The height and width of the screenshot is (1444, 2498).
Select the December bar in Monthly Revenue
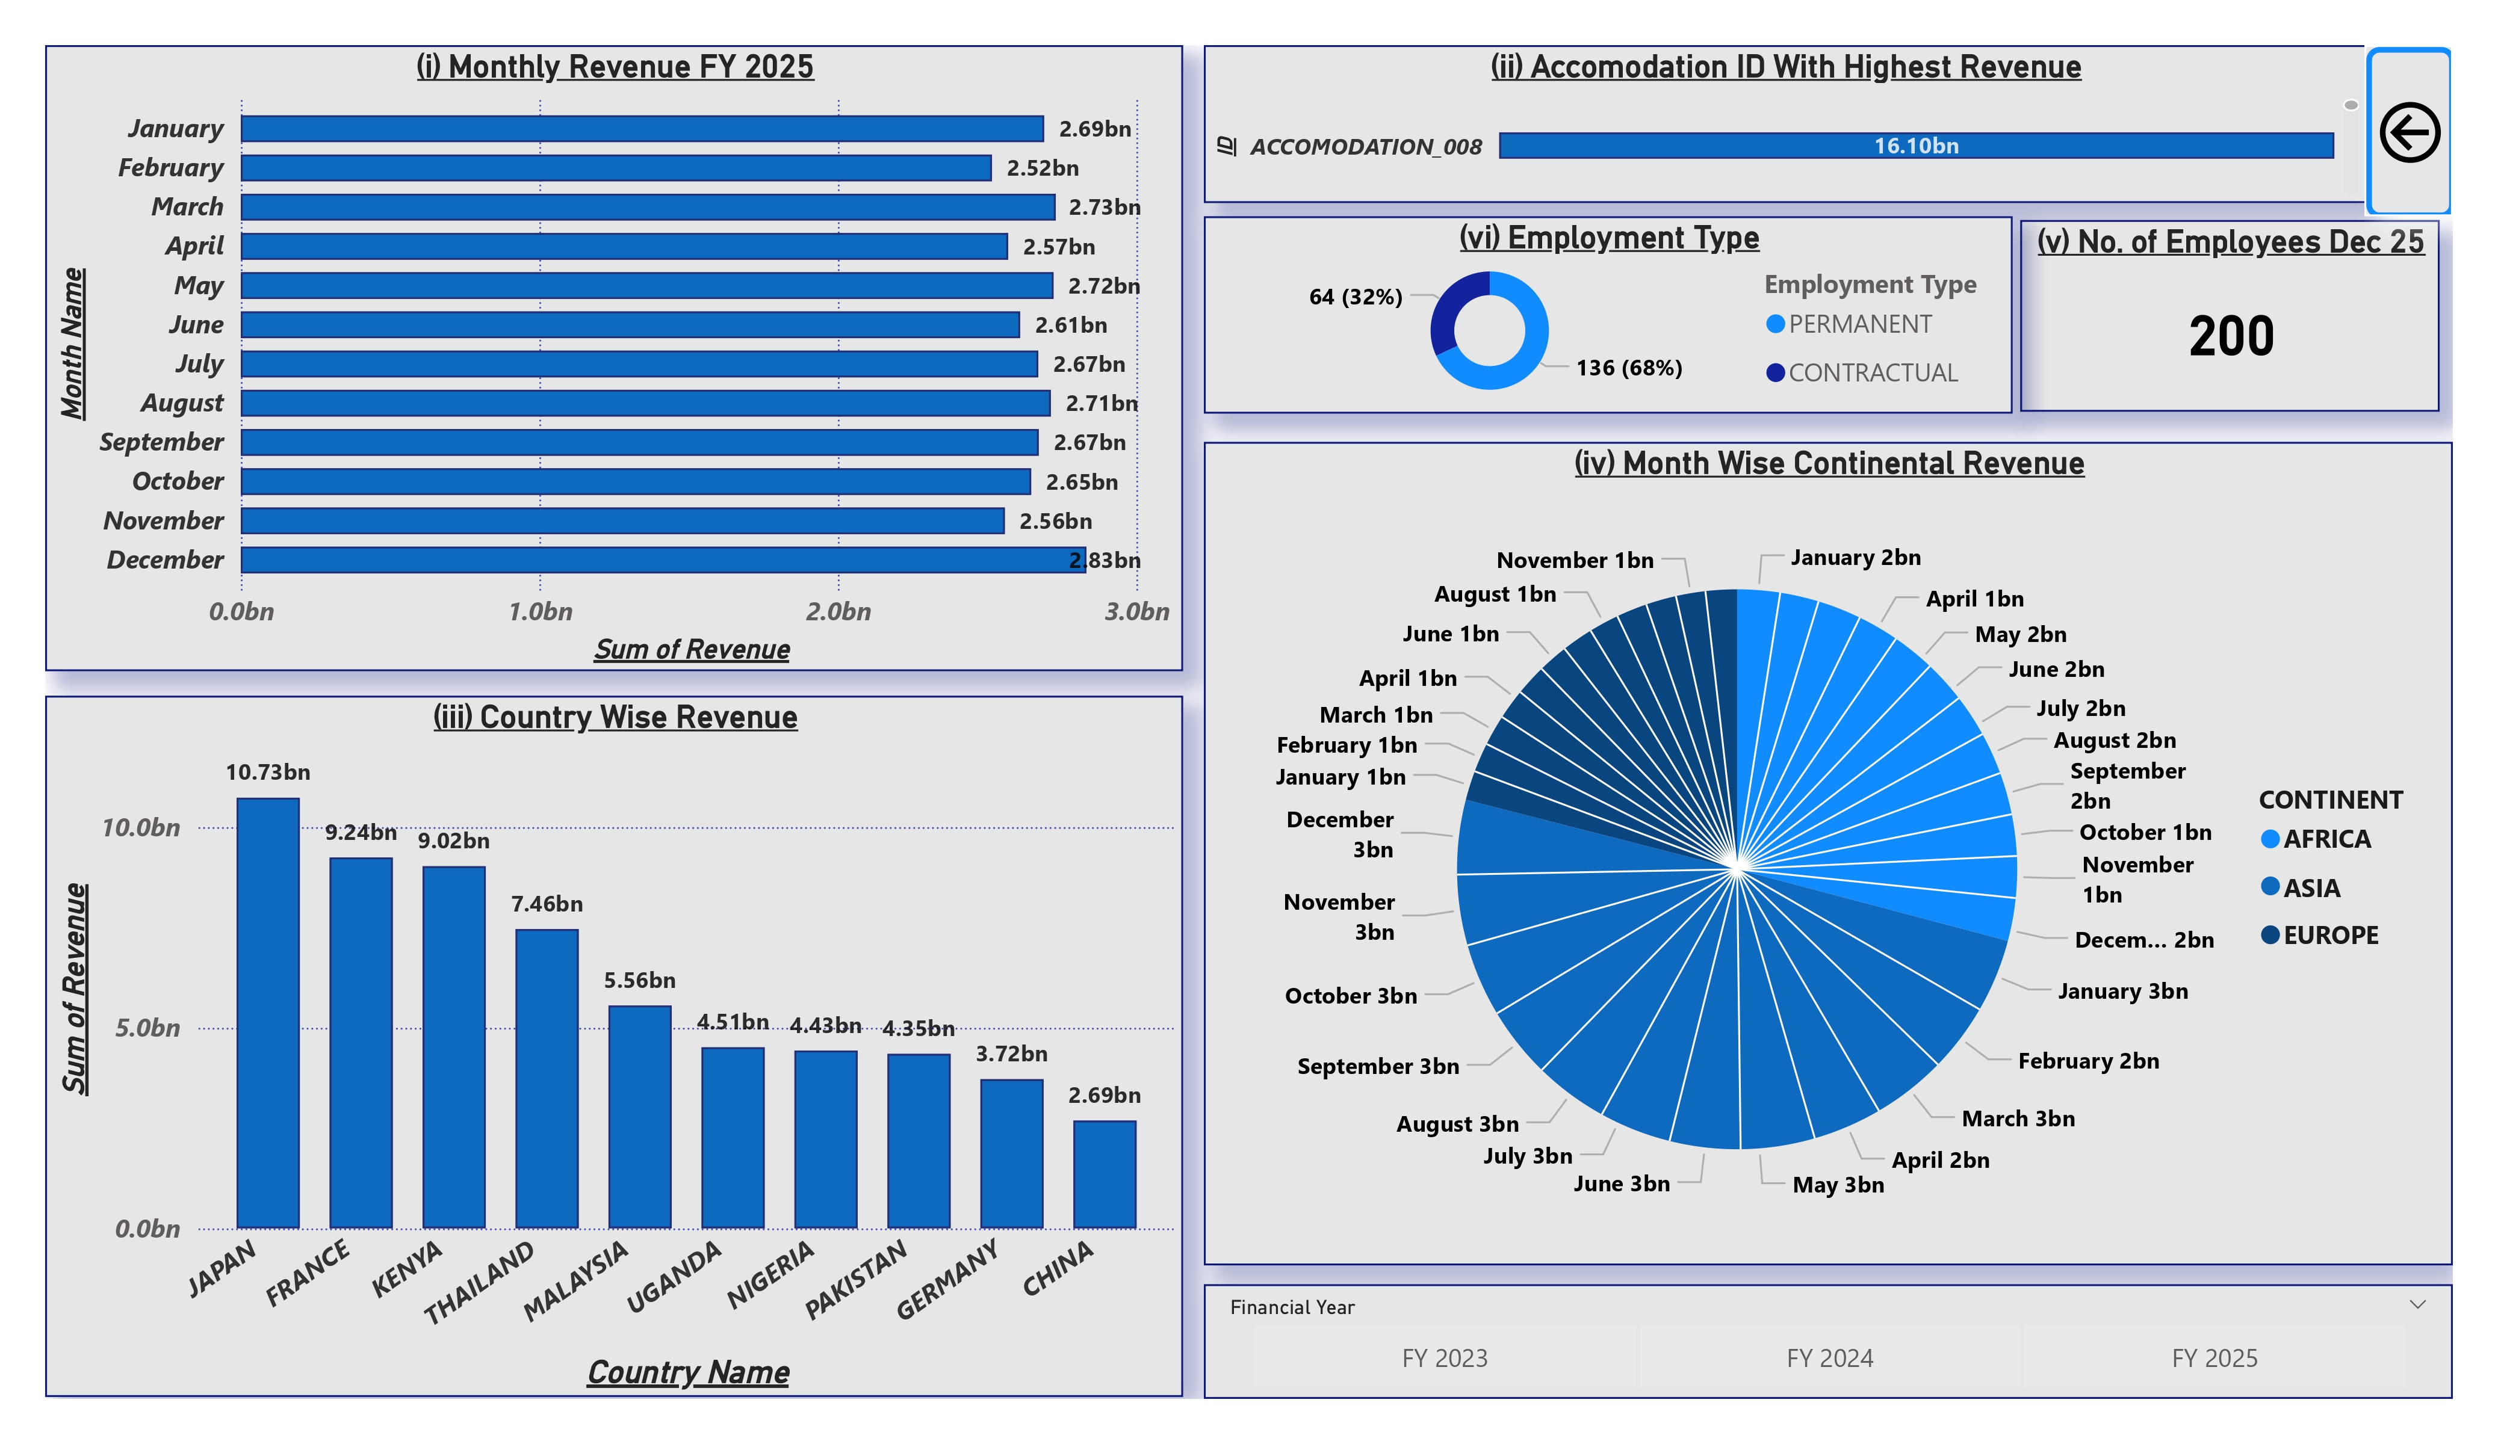(662, 560)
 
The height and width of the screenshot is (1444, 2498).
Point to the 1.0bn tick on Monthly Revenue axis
(541, 611)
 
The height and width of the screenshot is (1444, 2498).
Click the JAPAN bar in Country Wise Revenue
(268, 1013)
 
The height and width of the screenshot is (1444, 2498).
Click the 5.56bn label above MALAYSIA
(639, 980)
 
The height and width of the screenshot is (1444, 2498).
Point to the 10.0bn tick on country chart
(141, 827)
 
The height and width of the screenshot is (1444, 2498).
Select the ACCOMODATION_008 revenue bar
(1915, 146)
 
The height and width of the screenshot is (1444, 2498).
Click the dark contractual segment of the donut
(1452, 307)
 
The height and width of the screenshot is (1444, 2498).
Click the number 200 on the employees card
(2230, 336)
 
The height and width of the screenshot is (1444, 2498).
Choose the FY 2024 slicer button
(1829, 1358)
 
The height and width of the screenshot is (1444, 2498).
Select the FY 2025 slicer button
(2213, 1358)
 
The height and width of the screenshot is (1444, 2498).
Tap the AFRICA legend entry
(2325, 839)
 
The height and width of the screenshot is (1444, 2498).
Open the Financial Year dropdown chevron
(2417, 1304)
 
